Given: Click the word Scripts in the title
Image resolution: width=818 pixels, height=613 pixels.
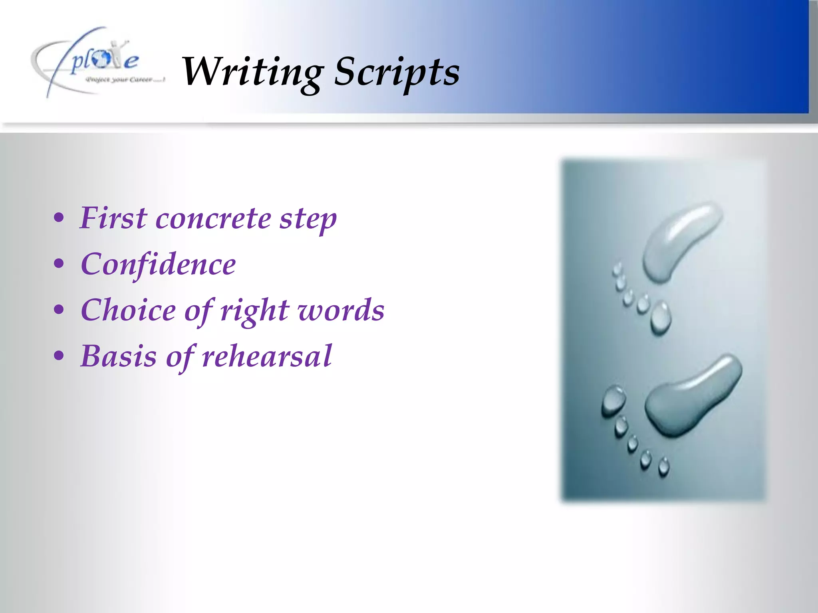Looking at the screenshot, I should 397,72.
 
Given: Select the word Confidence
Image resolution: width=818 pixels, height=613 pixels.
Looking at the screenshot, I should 158,264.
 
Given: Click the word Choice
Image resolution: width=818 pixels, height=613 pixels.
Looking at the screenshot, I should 128,310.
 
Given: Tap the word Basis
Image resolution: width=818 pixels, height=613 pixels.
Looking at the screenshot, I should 118,356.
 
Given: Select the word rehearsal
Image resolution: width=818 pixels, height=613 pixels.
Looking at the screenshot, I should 267,356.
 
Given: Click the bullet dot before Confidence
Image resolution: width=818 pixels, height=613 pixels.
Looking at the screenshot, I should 59,264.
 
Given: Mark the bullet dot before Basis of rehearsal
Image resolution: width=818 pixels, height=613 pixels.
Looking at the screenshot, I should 59,356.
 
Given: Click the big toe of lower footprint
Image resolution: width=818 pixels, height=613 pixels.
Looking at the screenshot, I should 613,399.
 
